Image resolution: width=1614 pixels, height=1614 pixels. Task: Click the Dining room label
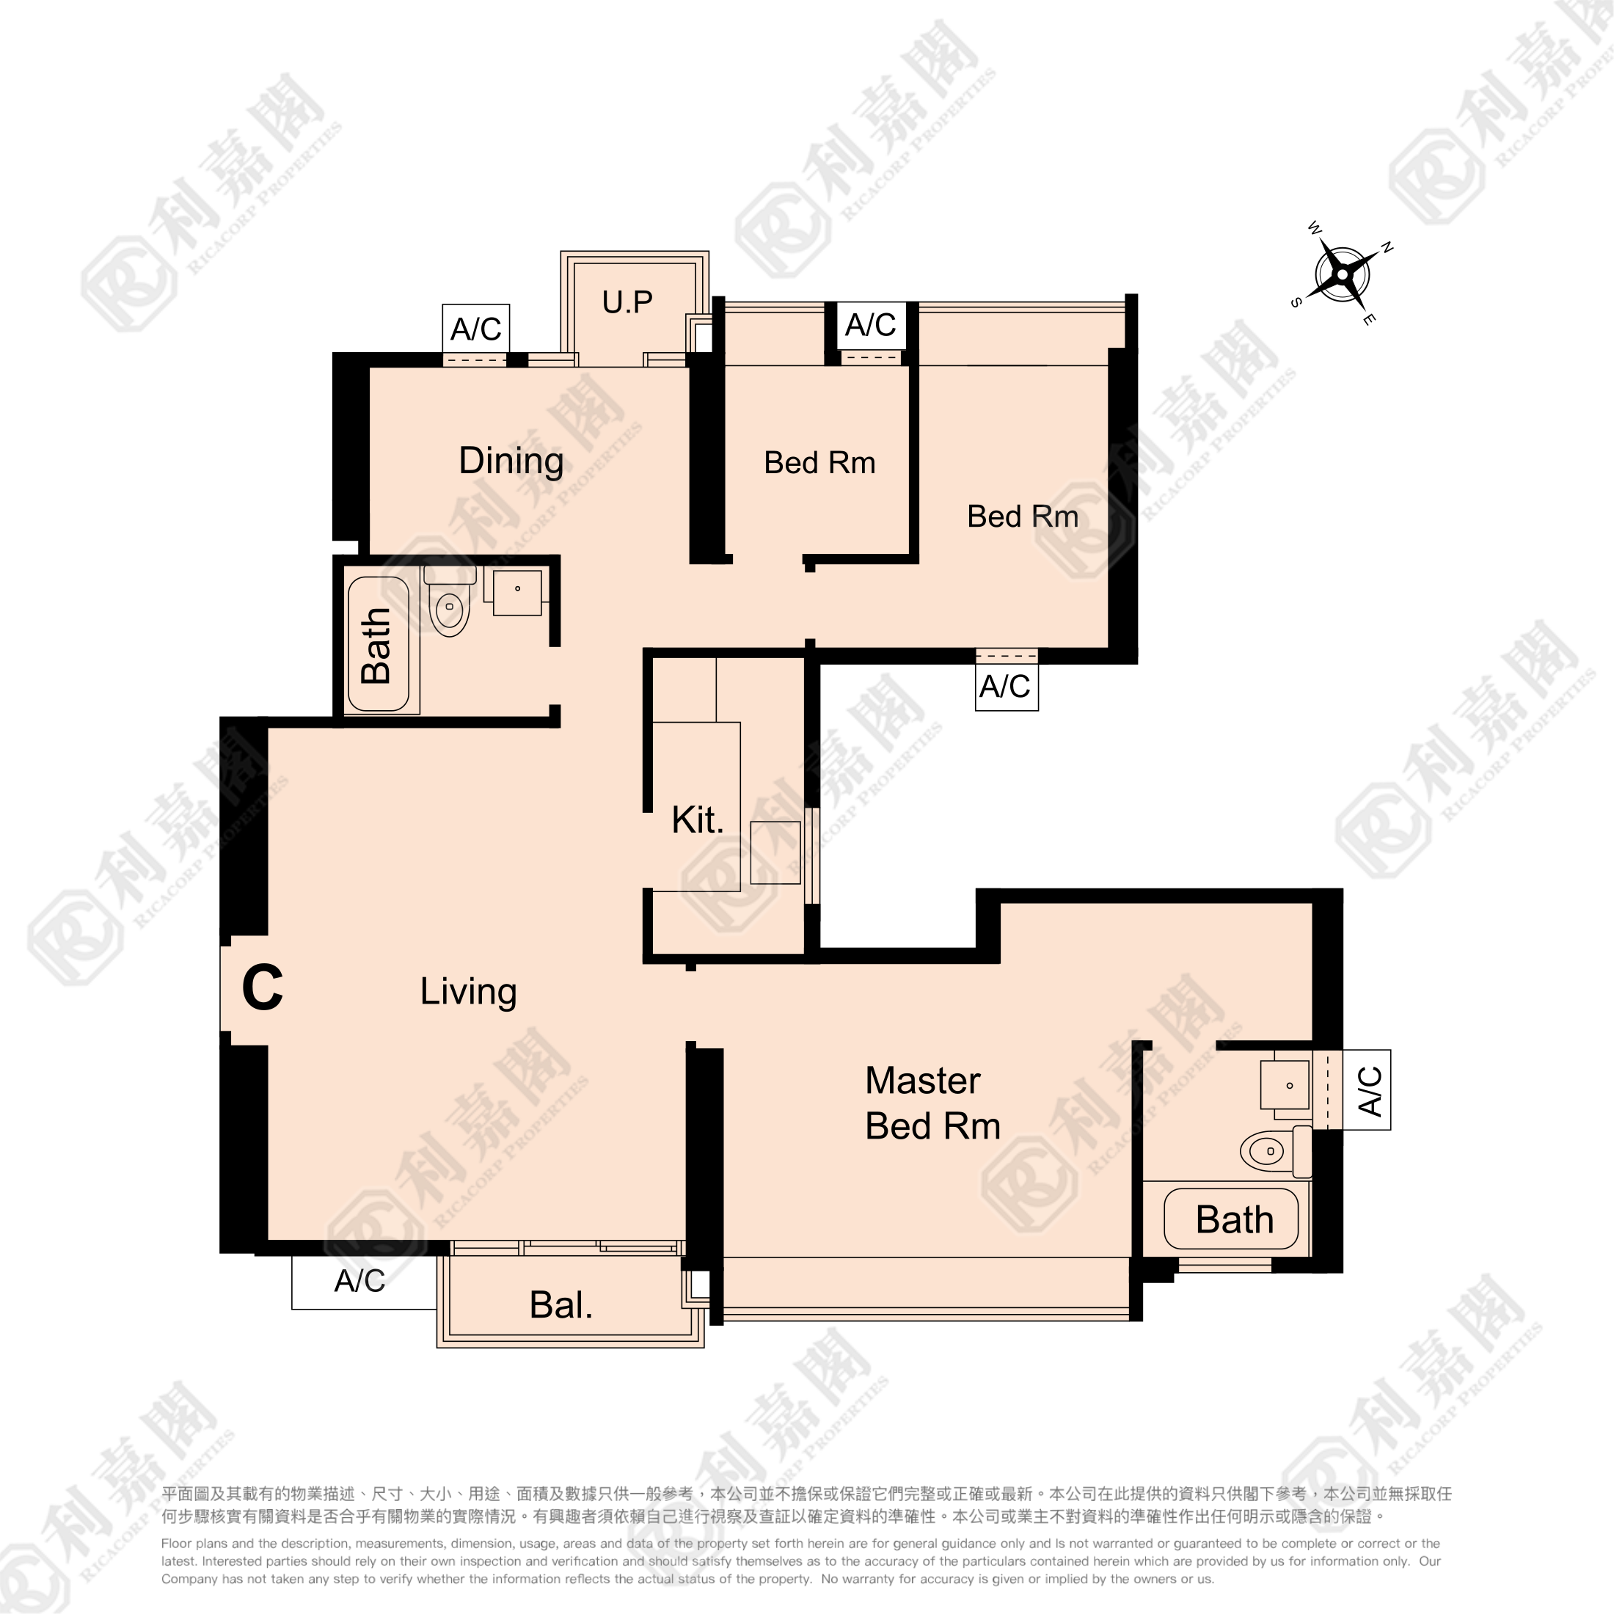coord(511,461)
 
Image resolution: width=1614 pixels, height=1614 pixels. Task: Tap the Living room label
coord(468,992)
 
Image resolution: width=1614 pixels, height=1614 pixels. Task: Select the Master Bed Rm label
coord(932,1103)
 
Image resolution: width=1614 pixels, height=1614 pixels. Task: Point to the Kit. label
coord(698,819)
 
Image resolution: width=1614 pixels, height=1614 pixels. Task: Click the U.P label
coord(627,302)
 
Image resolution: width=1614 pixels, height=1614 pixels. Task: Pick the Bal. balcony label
coord(561,1305)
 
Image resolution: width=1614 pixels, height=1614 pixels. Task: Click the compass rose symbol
coord(1342,273)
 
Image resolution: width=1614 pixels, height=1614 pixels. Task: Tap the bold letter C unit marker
coord(263,987)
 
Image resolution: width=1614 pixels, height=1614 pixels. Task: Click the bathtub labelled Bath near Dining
coord(378,644)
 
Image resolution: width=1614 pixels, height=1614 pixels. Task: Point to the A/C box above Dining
coord(475,329)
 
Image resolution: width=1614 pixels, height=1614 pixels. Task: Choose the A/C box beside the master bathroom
coord(1367,1090)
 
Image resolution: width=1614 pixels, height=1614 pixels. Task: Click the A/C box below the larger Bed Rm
coord(1007,686)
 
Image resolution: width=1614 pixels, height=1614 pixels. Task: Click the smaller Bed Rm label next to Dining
coord(819,463)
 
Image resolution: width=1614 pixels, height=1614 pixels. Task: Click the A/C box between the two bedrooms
coord(871,324)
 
